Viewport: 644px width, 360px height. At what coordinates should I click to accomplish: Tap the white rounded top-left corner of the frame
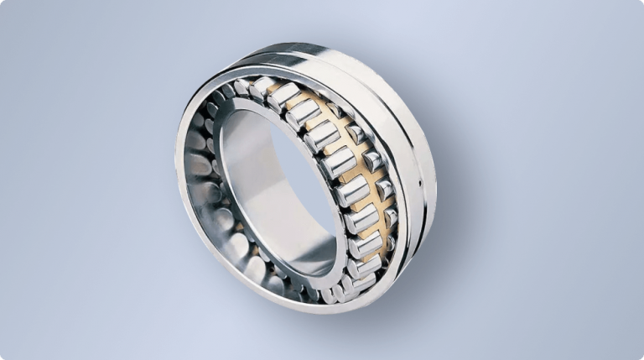click(3, 3)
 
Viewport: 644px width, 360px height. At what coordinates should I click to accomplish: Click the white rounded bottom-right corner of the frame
click(641, 357)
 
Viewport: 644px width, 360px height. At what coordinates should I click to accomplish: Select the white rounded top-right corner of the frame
click(641, 3)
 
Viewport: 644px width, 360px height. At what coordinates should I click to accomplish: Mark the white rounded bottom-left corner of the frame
click(3, 357)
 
